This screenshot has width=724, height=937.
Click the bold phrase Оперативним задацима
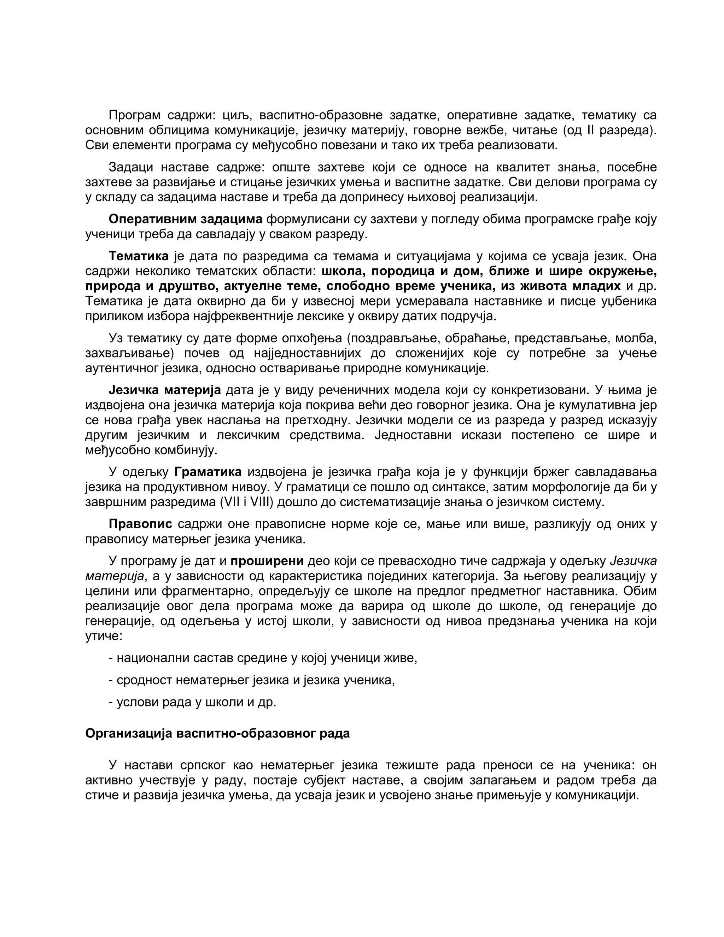click(x=185, y=219)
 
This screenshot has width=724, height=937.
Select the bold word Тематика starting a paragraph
click(x=139, y=256)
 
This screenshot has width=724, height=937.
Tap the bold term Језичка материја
click(x=165, y=390)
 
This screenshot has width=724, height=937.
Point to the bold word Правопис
click(x=140, y=524)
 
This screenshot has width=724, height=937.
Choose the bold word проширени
click(x=267, y=561)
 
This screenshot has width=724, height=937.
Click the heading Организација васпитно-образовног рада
click(x=217, y=733)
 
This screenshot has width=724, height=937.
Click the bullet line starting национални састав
click(x=263, y=658)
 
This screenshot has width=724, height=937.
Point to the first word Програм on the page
click(x=134, y=115)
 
